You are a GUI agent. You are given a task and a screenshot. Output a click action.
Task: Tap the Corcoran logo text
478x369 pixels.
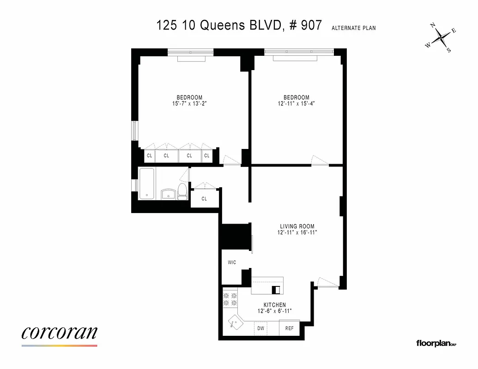pos(59,333)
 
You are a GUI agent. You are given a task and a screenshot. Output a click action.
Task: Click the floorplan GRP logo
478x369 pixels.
pos(436,343)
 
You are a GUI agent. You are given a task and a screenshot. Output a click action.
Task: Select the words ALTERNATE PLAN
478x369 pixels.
pos(353,28)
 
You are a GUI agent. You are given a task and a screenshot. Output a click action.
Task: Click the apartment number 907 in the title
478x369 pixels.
pos(310,25)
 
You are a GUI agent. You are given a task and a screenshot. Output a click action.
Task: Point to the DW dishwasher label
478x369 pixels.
pos(261,328)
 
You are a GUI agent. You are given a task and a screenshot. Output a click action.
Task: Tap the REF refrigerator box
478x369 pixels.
pos(289,328)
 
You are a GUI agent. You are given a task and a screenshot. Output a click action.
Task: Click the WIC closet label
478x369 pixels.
pos(232,262)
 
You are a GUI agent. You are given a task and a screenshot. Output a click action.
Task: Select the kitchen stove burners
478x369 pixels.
pos(230,299)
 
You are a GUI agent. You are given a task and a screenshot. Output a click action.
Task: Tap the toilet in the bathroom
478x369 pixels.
pos(182,190)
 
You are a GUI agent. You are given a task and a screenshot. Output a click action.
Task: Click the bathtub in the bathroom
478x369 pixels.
pos(147,183)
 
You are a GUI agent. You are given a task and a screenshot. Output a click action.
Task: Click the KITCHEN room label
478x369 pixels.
pos(274,305)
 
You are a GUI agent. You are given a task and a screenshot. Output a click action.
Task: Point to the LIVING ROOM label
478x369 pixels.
pos(297,226)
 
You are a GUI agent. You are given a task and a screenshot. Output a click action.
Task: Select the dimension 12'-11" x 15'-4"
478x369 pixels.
pos(296,104)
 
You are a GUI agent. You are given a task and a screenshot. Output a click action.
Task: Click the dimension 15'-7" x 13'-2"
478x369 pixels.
pos(189,104)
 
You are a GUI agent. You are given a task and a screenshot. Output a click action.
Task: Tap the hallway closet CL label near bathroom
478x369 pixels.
pos(204,199)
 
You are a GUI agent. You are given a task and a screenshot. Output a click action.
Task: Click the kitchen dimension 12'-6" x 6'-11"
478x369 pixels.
pos(274,311)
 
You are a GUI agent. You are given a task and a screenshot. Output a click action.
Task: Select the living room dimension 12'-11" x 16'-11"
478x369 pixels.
pos(297,233)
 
